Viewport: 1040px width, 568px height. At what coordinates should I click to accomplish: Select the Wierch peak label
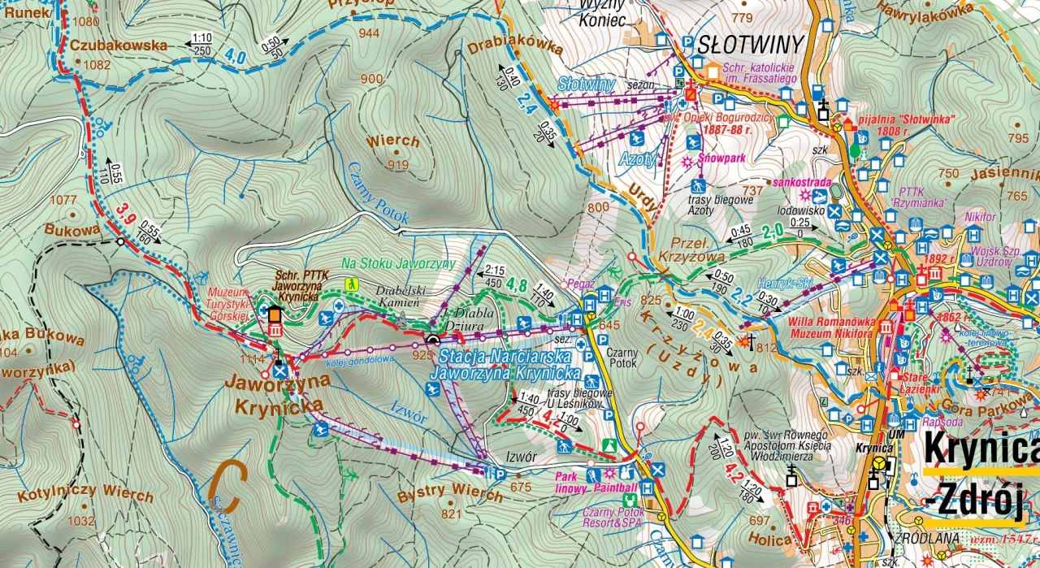(392, 141)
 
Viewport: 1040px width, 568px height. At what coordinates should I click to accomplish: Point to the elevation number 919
(398, 165)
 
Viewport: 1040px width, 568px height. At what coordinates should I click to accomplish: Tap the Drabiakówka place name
(515, 50)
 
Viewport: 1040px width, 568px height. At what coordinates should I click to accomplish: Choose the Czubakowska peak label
(119, 46)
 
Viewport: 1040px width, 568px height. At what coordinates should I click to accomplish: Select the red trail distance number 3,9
(124, 213)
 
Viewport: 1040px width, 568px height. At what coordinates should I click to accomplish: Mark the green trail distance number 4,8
(517, 285)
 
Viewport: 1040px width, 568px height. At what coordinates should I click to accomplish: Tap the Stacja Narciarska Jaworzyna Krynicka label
(507, 365)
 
